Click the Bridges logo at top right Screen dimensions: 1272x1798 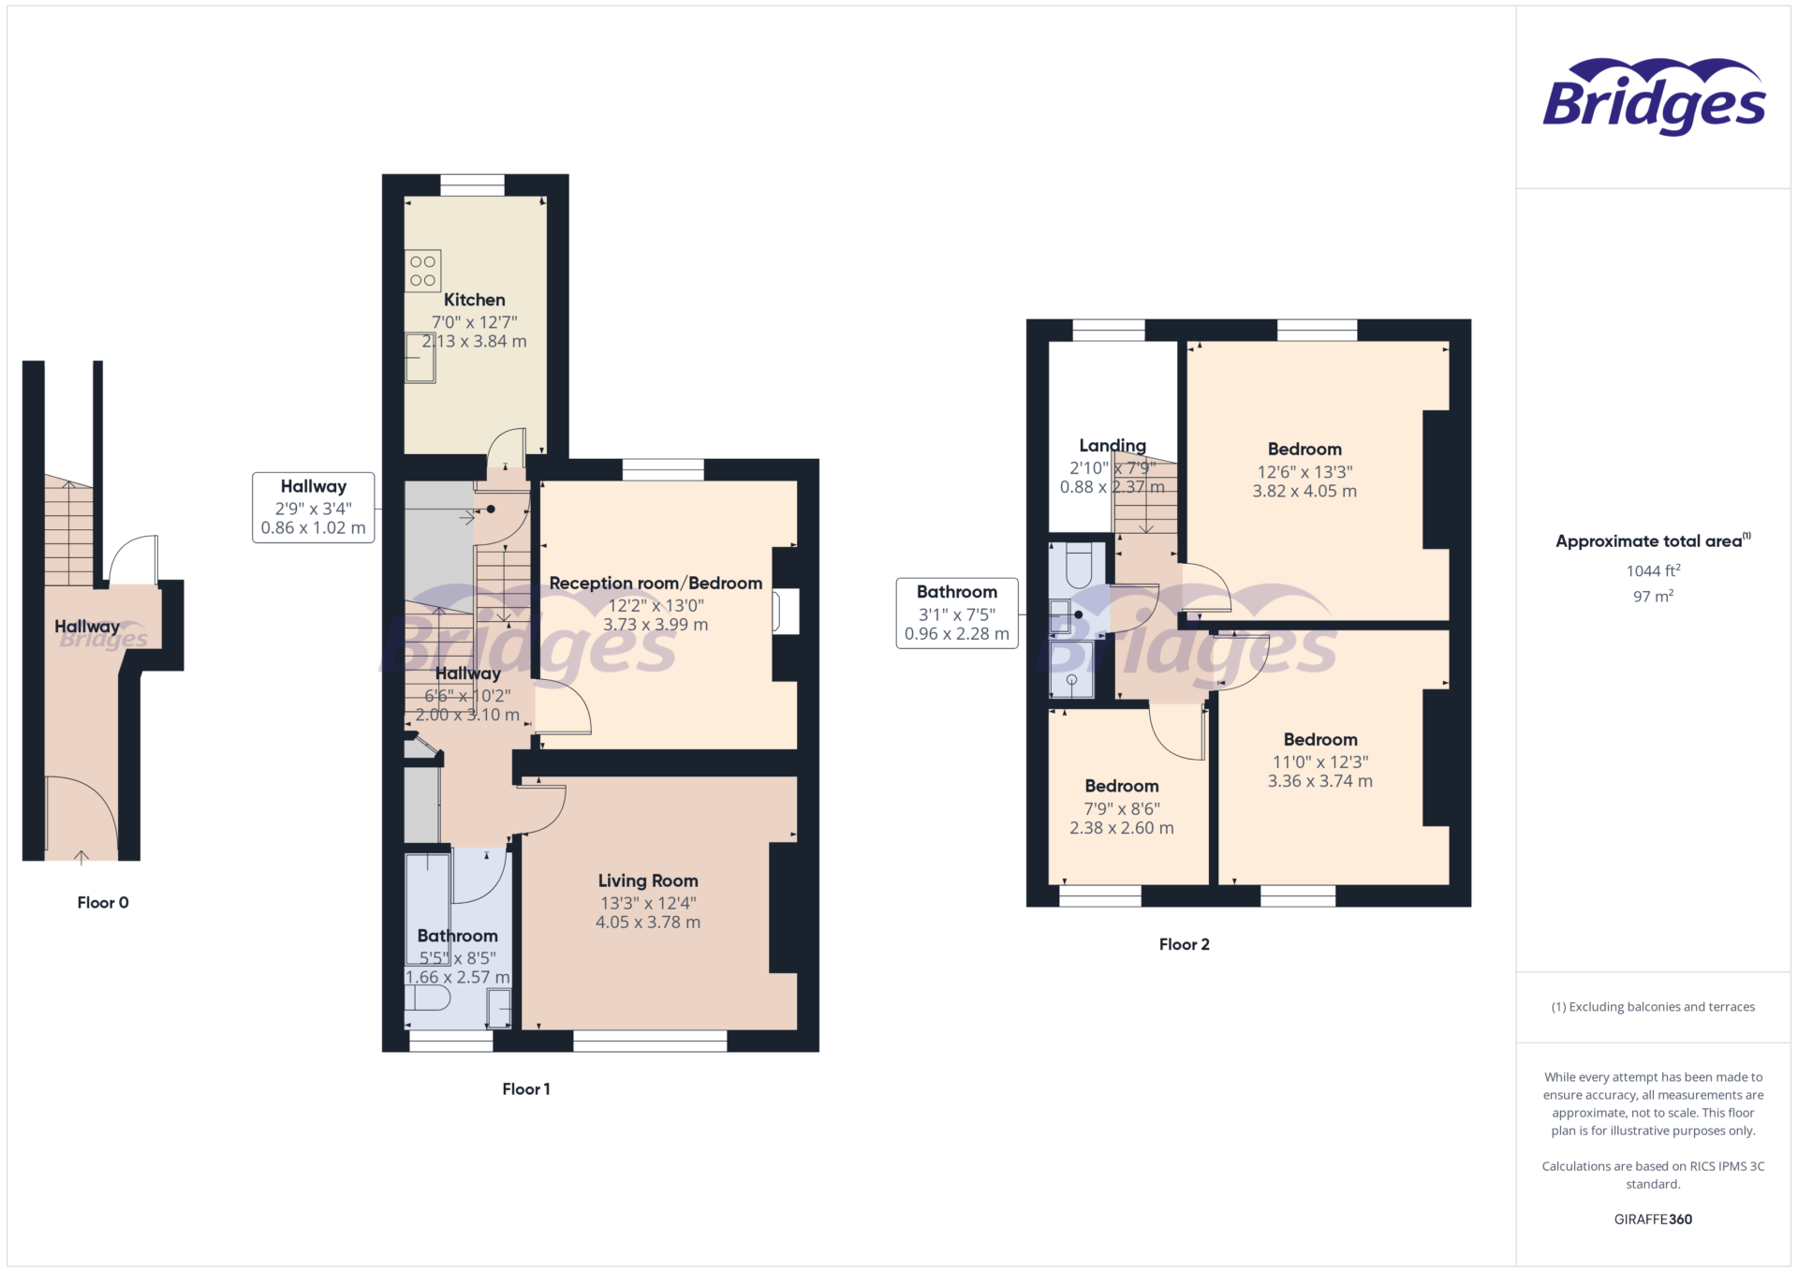pos(1653,96)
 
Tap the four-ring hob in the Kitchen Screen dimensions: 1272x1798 pos(422,271)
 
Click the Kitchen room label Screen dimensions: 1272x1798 pos(474,300)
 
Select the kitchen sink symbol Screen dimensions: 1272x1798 pos(420,358)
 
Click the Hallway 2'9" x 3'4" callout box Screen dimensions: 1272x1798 pos(313,507)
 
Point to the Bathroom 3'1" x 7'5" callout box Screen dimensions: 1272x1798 pos(956,613)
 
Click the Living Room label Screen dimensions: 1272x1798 pos(648,880)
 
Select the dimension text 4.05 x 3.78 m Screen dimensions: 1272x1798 pos(648,923)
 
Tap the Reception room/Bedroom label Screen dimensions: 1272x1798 pos(656,583)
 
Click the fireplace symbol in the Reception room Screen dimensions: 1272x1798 pos(785,612)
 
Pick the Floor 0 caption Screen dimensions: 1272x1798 pos(103,902)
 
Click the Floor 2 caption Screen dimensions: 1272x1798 pos(1184,944)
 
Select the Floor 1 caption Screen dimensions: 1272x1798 pos(526,1088)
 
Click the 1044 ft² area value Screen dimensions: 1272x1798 pos(1653,570)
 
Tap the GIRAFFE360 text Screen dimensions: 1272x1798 pos(1653,1219)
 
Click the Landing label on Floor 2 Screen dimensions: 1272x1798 pos(1112,445)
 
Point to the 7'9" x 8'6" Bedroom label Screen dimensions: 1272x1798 pos(1121,786)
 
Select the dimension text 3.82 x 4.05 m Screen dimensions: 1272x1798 pos(1304,491)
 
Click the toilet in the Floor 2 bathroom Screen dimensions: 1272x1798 pos(1079,565)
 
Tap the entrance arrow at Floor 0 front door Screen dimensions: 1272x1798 pos(81,856)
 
